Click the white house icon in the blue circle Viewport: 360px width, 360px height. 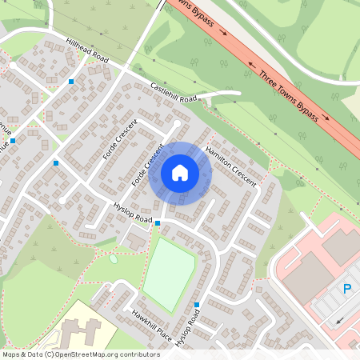[x=180, y=172]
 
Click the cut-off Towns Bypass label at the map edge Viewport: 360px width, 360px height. [x=192, y=12]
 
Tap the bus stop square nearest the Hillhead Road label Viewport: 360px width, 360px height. [x=71, y=82]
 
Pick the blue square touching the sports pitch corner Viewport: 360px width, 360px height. [x=158, y=222]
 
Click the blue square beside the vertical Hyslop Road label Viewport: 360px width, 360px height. [x=197, y=305]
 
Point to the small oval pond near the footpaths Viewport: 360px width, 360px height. [x=114, y=258]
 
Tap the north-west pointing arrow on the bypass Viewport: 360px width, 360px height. [x=251, y=63]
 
